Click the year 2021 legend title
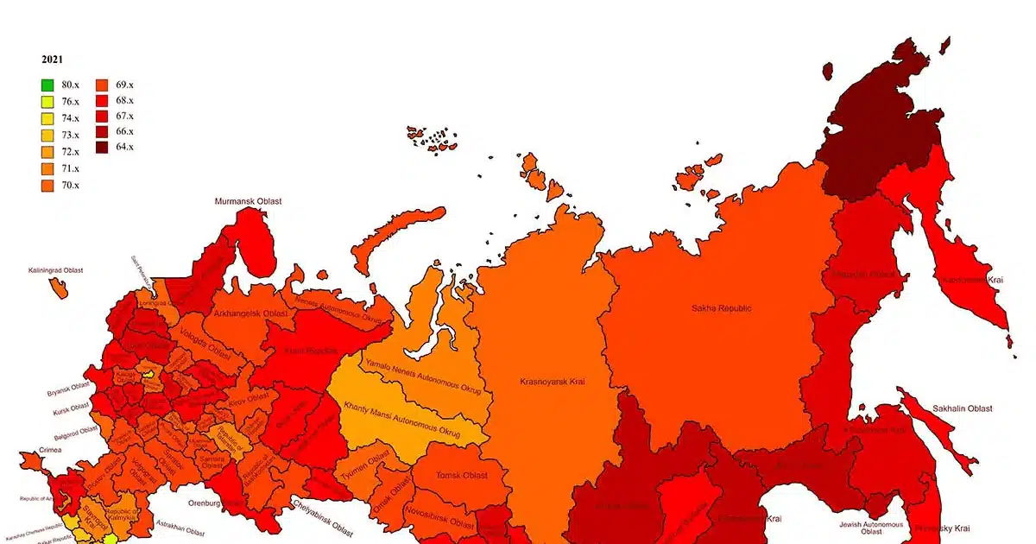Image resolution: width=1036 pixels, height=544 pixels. click(51, 60)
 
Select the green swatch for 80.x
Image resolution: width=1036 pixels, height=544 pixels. click(47, 85)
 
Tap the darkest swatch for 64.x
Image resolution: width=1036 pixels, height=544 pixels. click(102, 148)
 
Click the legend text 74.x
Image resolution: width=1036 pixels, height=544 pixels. click(70, 118)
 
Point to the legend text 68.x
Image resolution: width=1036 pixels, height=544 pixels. click(124, 101)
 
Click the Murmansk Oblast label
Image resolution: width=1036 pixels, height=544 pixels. click(249, 201)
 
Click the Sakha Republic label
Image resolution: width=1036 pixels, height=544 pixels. click(722, 308)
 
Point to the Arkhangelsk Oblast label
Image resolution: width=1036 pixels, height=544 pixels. click(250, 313)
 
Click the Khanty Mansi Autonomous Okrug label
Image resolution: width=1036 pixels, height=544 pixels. click(401, 418)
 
